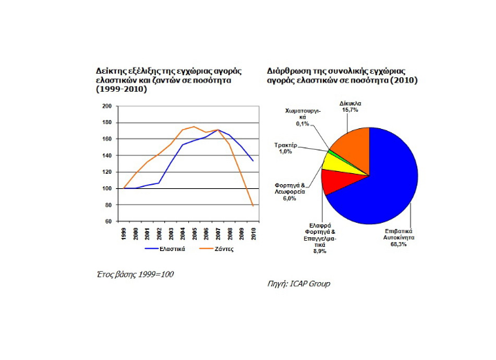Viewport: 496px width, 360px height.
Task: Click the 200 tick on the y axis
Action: (107, 106)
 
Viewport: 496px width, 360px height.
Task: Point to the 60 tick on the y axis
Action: (108, 221)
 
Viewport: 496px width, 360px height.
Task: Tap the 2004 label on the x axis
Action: (183, 232)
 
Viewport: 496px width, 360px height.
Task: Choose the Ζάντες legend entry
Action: (221, 249)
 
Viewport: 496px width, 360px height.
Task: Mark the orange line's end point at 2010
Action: (254, 206)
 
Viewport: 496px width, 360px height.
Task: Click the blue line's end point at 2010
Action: (254, 161)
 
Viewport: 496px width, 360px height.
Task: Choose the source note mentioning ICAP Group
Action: (298, 283)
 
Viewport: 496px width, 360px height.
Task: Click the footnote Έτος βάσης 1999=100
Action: (135, 274)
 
